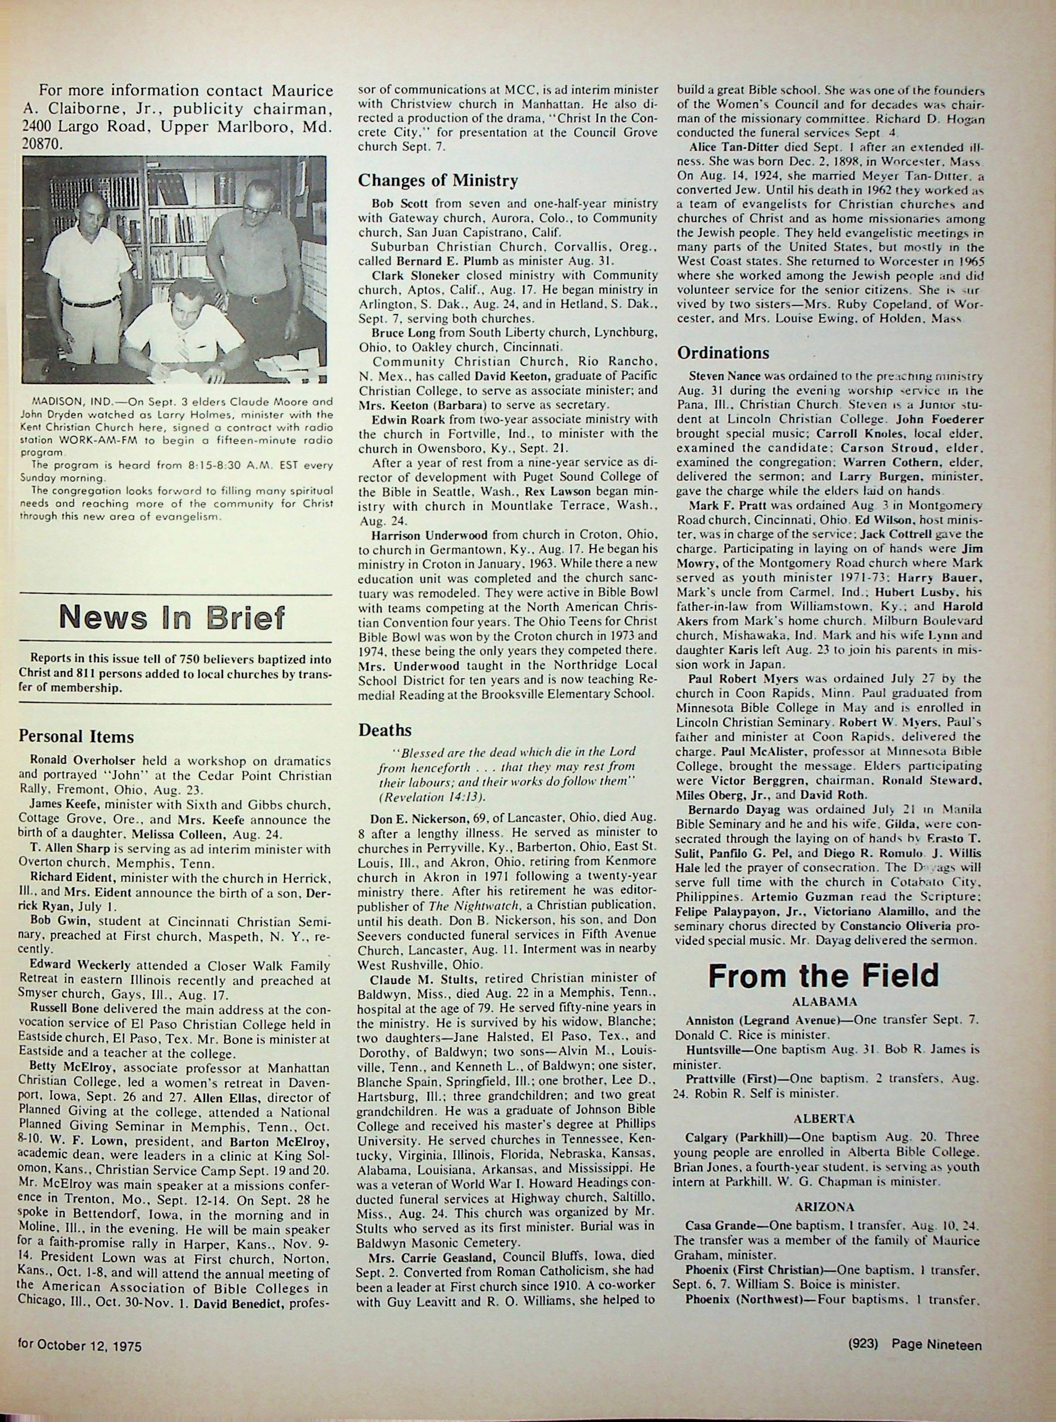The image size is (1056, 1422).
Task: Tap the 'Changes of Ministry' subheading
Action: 438,181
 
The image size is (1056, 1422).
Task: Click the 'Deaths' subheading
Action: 385,729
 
